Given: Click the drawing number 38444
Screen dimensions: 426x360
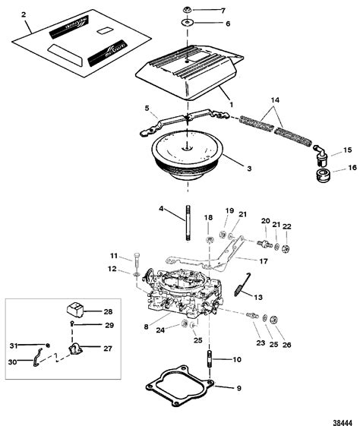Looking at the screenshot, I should click(339, 417).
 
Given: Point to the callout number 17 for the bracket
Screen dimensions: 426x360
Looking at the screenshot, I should click(264, 260).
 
